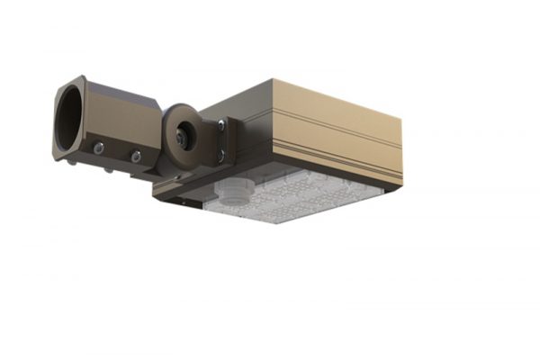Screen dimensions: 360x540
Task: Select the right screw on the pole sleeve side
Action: pyautogui.click(x=136, y=157)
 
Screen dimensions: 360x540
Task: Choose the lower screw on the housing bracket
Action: pyautogui.click(x=220, y=155)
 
